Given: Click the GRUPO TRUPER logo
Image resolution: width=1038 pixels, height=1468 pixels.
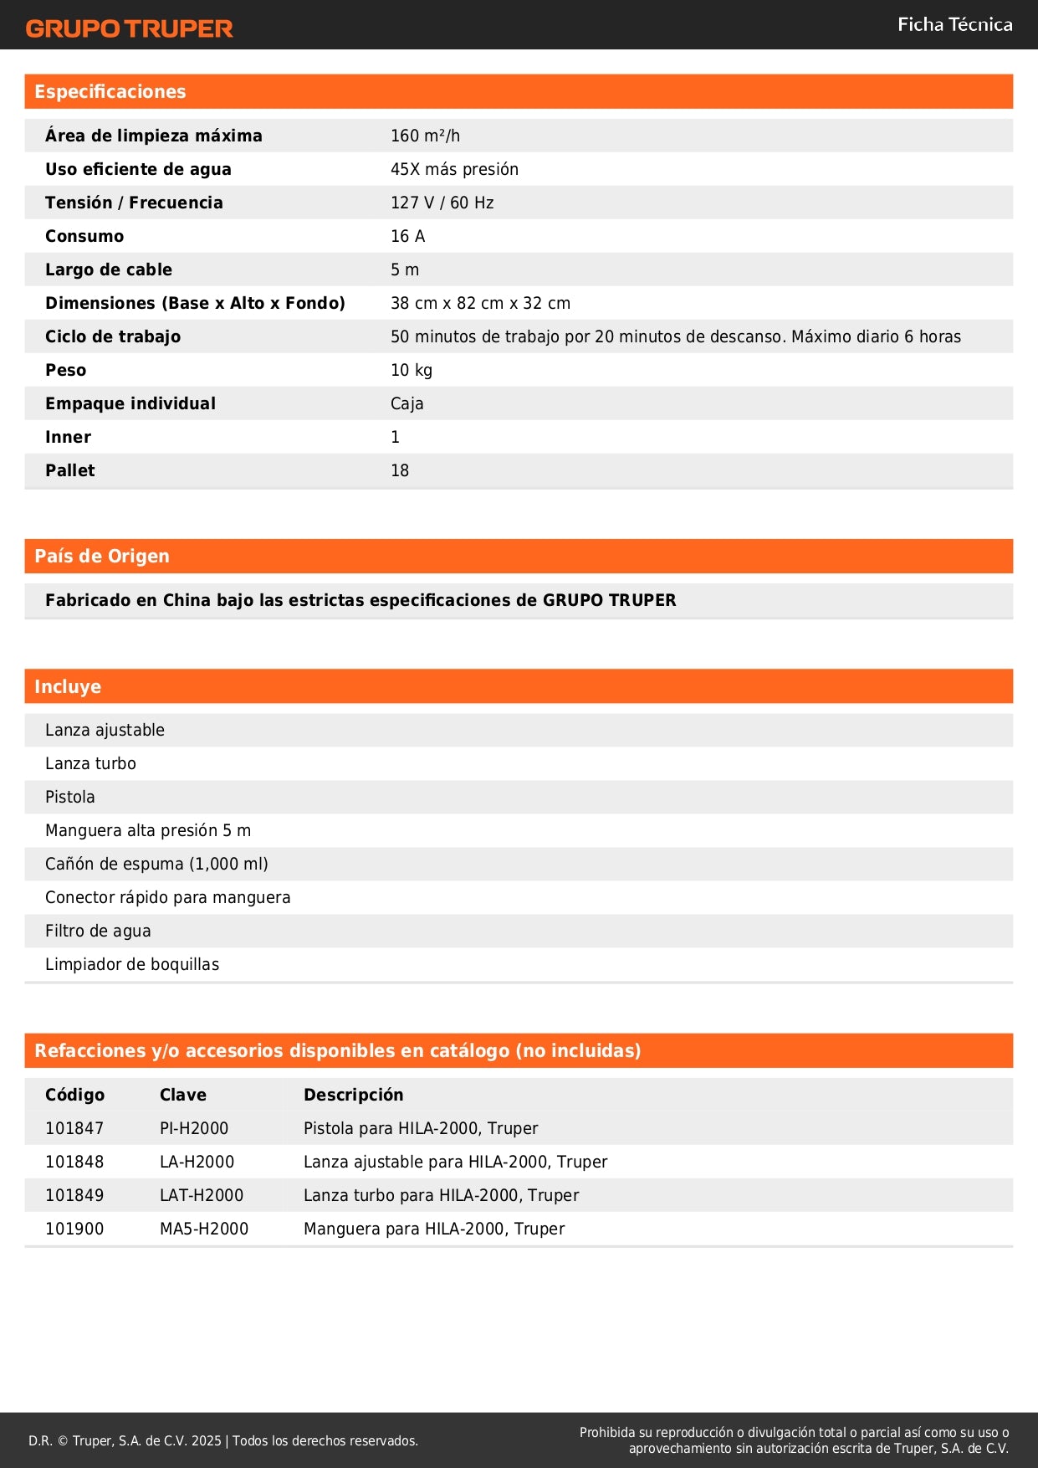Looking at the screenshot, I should click(129, 28).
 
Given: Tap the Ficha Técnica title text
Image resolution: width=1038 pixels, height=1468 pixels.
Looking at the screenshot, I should click(954, 24).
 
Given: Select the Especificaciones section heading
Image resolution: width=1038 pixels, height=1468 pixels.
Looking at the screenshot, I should click(110, 92).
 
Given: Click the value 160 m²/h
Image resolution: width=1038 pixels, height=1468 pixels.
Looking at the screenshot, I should click(425, 136).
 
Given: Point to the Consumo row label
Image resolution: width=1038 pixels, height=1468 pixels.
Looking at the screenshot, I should click(84, 236).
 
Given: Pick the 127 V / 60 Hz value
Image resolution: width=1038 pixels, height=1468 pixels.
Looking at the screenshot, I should click(442, 203).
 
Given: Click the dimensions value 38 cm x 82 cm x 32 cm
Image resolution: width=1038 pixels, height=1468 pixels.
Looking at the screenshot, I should click(480, 303).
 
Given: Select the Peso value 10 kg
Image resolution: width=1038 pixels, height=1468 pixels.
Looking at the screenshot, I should click(412, 370).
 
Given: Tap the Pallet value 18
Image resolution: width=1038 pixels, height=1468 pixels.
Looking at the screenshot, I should click(400, 470).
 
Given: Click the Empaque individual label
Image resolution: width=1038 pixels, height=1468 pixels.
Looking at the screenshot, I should click(130, 403).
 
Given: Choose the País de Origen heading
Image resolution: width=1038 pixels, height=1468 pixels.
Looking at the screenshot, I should click(102, 557).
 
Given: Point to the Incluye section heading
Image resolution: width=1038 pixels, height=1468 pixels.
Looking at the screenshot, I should click(68, 687).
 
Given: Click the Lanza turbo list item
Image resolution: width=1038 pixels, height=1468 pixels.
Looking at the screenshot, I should click(90, 763).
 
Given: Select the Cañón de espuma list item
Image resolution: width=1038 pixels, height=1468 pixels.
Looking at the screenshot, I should click(156, 864).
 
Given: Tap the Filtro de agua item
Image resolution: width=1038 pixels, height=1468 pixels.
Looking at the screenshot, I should click(98, 931).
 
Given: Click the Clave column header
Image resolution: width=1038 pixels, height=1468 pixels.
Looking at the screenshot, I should click(183, 1095).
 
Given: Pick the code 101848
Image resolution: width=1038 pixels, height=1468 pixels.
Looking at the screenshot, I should click(74, 1162).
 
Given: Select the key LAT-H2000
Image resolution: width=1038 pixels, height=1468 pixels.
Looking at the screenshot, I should click(202, 1195).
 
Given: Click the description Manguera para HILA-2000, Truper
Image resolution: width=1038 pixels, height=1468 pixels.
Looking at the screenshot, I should click(434, 1229).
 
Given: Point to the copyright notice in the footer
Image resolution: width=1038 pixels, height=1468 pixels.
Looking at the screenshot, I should click(223, 1440).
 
